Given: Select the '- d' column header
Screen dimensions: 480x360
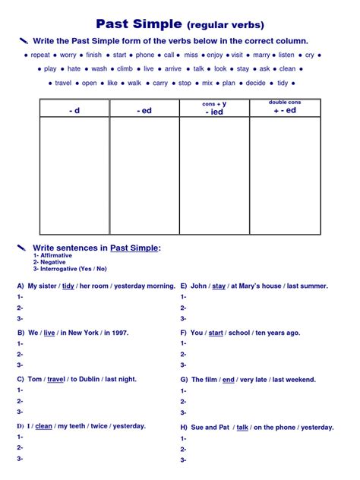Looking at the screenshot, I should click(74, 110).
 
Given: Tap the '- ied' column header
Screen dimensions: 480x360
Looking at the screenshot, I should click(214, 112).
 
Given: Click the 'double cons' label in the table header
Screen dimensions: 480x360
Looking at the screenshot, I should click(285, 102).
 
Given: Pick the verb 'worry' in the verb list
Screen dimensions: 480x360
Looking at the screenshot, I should click(68, 55).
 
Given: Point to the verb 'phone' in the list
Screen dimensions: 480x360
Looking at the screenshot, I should click(144, 55).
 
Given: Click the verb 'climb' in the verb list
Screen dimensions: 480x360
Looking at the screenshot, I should click(125, 68).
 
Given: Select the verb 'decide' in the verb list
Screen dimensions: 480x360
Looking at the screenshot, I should click(256, 83).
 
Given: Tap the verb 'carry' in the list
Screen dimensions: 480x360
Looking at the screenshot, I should click(159, 83).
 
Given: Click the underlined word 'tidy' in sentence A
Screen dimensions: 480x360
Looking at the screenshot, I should click(68, 286).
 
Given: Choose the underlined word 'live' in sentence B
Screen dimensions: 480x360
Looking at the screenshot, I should click(49, 333).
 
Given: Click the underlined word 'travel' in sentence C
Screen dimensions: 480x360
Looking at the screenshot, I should click(56, 379).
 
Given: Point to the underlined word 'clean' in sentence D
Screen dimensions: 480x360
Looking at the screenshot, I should click(44, 426).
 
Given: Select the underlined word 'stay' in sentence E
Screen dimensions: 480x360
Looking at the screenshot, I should click(219, 286).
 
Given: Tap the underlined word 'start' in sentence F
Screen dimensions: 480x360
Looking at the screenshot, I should click(216, 333).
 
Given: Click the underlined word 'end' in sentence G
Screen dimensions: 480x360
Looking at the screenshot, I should click(229, 379).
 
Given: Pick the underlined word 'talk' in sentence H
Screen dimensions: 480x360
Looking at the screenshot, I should click(243, 428).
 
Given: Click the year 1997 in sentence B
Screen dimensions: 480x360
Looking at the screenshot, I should click(116, 333).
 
